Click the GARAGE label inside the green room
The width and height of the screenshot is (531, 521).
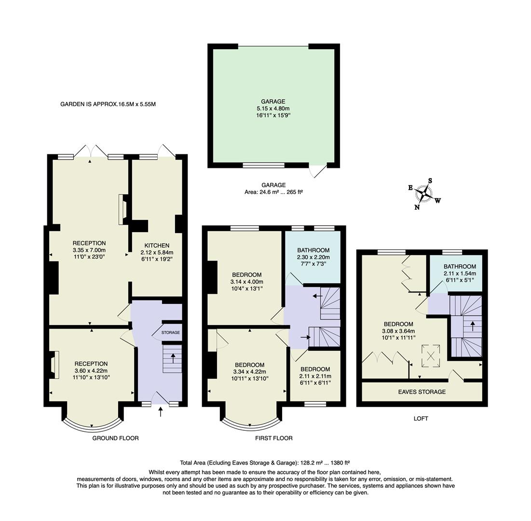pos(273,101)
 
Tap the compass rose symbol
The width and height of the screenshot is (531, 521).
pos(424,193)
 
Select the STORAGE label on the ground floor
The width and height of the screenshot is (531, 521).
pos(170,332)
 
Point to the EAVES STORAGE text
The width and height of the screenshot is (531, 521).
pos(422,392)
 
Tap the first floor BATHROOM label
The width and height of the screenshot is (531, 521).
pos(313,250)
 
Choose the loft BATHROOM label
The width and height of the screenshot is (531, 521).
pos(460,266)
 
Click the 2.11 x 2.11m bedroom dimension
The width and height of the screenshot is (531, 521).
pos(315,376)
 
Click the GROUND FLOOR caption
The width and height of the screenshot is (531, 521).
pos(115,438)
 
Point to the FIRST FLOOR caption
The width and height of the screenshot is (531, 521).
pos(274,438)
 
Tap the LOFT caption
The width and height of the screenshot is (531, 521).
pos(421,418)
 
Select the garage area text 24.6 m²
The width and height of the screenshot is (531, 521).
pos(273,192)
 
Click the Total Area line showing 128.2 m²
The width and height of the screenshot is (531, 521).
pos(268,462)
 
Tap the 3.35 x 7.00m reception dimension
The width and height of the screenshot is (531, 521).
pos(89,250)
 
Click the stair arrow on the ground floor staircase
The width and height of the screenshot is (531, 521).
pos(173,358)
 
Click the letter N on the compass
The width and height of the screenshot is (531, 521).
pos(417,207)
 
